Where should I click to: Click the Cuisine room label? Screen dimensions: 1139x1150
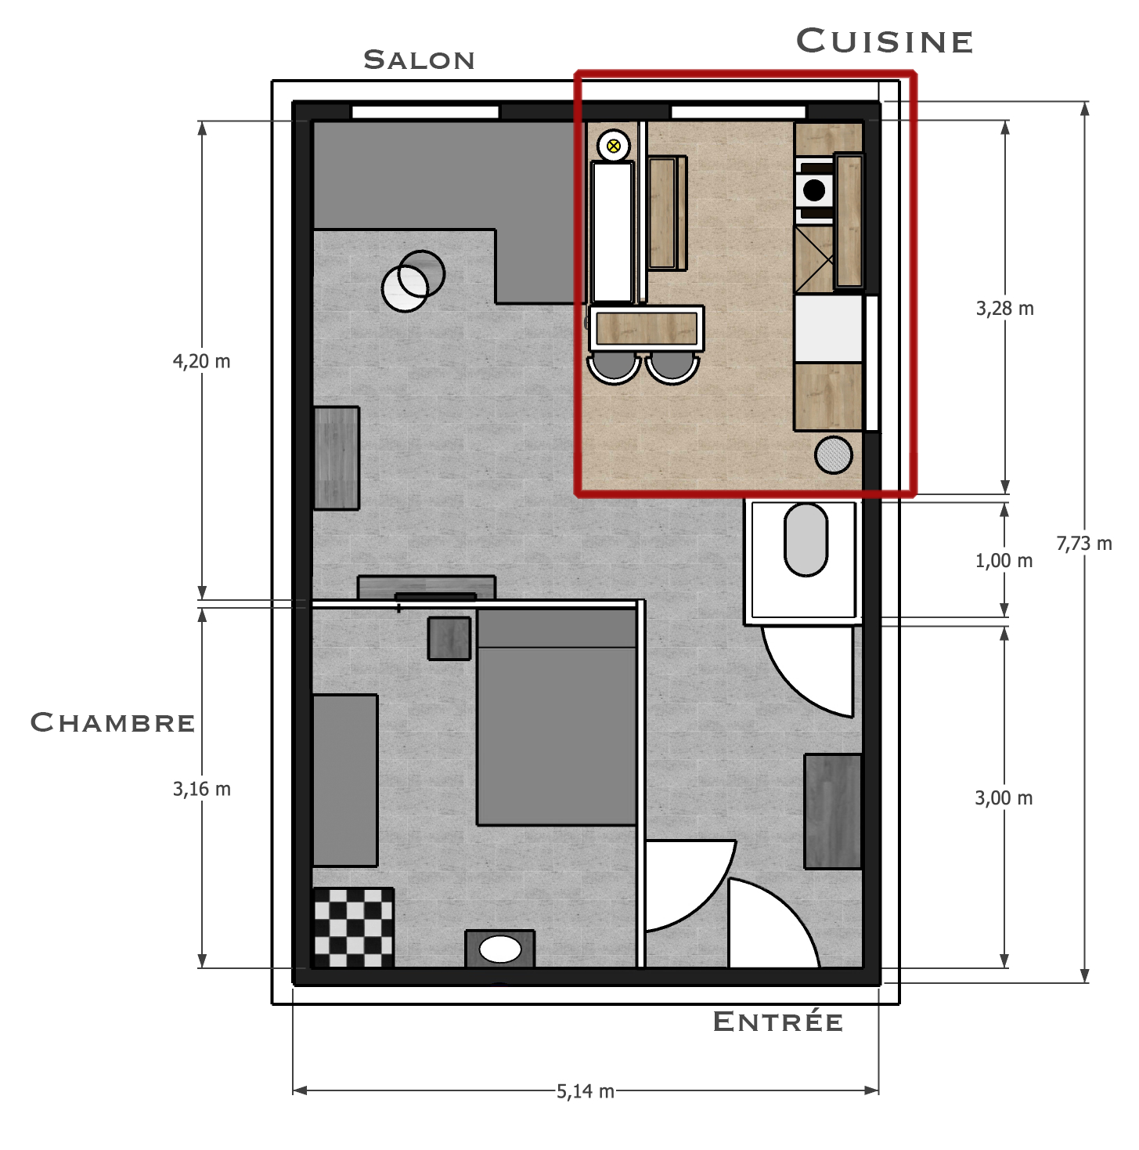884,41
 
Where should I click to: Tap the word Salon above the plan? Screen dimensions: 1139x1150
419,60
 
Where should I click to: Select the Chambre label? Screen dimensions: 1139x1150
113,722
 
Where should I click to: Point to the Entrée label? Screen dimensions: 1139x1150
777,1021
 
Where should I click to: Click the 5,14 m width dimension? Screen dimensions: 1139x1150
585,1091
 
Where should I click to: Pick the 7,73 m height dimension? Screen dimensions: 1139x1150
1083,543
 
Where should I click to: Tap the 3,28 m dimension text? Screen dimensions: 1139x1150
1005,308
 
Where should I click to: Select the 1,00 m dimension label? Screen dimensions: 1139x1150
1004,560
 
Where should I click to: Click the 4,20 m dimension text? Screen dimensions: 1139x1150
201,361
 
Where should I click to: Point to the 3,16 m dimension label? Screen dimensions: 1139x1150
202,789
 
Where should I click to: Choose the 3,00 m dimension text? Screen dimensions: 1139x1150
1004,798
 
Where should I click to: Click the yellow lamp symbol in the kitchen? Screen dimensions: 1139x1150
614,146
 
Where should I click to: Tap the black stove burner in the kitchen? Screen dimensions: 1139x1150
814,190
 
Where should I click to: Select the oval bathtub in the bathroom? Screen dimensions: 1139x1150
806,540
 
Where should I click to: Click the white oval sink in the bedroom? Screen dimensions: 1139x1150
500,949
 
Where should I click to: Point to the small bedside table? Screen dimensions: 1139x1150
449,638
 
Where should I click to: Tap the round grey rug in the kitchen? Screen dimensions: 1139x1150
833,454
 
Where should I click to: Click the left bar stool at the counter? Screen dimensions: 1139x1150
614,368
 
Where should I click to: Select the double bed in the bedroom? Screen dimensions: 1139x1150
556,717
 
